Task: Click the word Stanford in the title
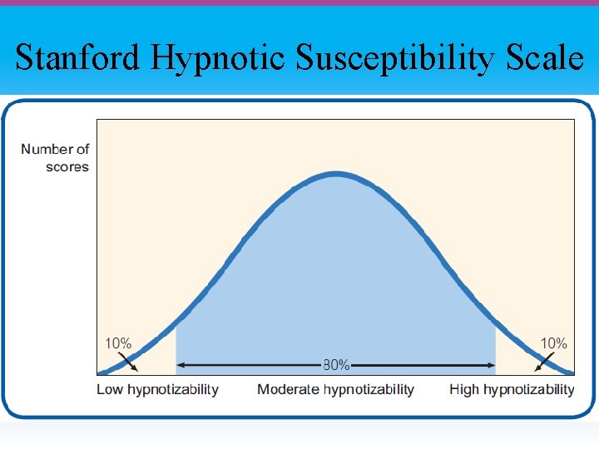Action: pyautogui.click(x=77, y=58)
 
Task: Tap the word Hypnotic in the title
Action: pyautogui.click(x=217, y=58)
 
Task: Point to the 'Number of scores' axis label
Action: pyautogui.click(x=55, y=158)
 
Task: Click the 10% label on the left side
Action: pyautogui.click(x=117, y=343)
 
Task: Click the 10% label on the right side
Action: pyautogui.click(x=554, y=343)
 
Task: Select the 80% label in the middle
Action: pyautogui.click(x=336, y=364)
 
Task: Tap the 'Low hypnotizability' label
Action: pyautogui.click(x=157, y=389)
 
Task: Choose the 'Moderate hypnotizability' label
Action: pyautogui.click(x=335, y=389)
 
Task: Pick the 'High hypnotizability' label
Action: pyautogui.click(x=512, y=389)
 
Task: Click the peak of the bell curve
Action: pyautogui.click(x=335, y=174)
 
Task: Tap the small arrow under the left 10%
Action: pyautogui.click(x=131, y=363)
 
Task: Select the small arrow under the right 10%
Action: pyautogui.click(x=542, y=363)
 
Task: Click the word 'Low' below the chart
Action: pyautogui.click(x=111, y=389)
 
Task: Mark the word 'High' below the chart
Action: pyautogui.click(x=464, y=389)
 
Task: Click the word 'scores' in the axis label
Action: pyautogui.click(x=67, y=167)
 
